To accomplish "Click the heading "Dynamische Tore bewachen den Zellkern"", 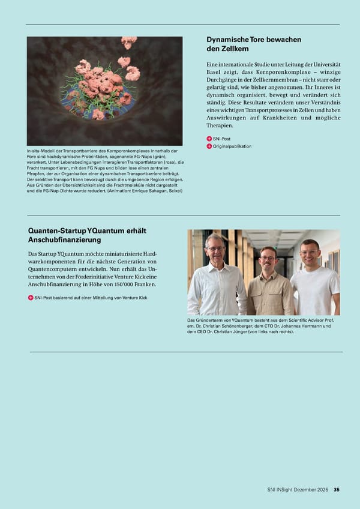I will coord(253,44).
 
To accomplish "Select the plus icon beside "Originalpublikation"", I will coord(209,146).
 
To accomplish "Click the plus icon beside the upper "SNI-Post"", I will coord(209,139).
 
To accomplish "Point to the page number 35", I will coord(337,490).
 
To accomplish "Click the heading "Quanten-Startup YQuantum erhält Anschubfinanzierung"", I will coord(87,235).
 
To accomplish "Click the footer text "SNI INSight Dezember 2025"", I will coord(298,490).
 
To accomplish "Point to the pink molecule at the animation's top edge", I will coord(128,41).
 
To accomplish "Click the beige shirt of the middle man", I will coord(271,294).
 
